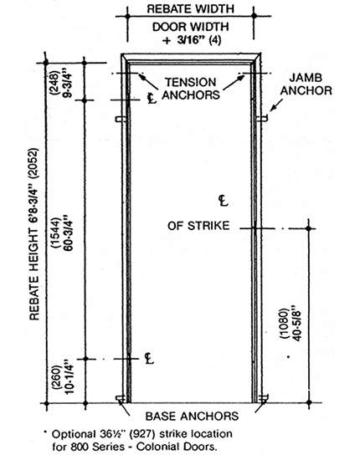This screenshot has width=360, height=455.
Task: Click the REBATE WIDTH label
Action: click(x=190, y=8)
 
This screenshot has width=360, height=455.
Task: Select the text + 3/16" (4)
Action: click(x=192, y=40)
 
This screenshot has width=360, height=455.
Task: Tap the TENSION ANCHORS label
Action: click(x=191, y=89)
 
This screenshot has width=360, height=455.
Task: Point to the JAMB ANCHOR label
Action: click(x=306, y=84)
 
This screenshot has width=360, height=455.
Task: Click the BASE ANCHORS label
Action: click(x=192, y=417)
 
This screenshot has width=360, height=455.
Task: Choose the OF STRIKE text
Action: click(x=198, y=226)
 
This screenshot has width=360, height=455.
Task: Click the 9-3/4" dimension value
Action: click(x=67, y=84)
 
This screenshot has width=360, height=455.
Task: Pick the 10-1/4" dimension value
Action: click(x=69, y=377)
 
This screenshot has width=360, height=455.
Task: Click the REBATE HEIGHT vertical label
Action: click(x=34, y=234)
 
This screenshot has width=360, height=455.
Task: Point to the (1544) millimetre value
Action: click(x=55, y=233)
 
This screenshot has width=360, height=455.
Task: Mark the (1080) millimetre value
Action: click(x=284, y=323)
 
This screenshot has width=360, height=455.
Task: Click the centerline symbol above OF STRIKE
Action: click(x=224, y=201)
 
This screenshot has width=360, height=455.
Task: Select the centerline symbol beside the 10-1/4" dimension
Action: click(x=149, y=359)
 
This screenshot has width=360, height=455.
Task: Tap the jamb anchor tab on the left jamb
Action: click(x=120, y=119)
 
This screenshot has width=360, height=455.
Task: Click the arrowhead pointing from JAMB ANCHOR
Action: click(x=272, y=109)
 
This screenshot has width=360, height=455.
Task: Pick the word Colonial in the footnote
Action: click(x=158, y=446)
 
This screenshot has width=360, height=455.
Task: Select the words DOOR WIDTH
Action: click(x=191, y=27)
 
